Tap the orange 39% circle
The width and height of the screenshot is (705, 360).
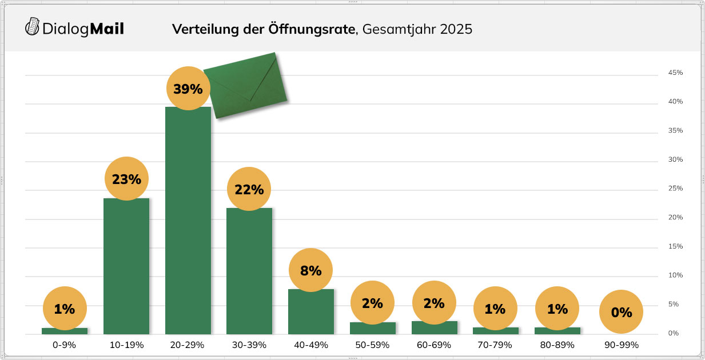pyautogui.click(x=188, y=89)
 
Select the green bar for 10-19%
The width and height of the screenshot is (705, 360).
pyautogui.click(x=126, y=269)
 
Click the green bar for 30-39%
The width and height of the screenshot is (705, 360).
pyautogui.click(x=249, y=274)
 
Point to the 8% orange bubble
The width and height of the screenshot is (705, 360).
pyautogui.click(x=310, y=270)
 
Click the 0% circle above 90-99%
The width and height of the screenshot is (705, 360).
pyautogui.click(x=621, y=312)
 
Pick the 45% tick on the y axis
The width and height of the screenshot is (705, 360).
pyautogui.click(x=675, y=73)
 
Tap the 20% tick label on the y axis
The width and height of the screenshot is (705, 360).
pyautogui.click(x=675, y=218)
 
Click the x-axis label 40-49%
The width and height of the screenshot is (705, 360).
pyautogui.click(x=310, y=345)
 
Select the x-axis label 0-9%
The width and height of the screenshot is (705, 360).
pyautogui.click(x=65, y=345)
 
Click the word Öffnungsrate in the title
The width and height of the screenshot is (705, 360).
pyautogui.click(x=312, y=29)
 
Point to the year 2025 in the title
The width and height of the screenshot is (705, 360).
pyautogui.click(x=456, y=29)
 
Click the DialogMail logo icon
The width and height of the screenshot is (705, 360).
pyautogui.click(x=33, y=27)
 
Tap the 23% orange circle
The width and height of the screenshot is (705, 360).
pyautogui.click(x=126, y=179)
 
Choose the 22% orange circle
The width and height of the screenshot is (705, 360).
pyautogui.click(x=249, y=189)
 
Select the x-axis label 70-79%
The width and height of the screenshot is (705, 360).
pyautogui.click(x=495, y=345)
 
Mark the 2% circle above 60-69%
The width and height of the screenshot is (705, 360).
pyautogui.click(x=434, y=303)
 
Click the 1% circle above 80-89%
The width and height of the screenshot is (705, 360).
pyautogui.click(x=557, y=309)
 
